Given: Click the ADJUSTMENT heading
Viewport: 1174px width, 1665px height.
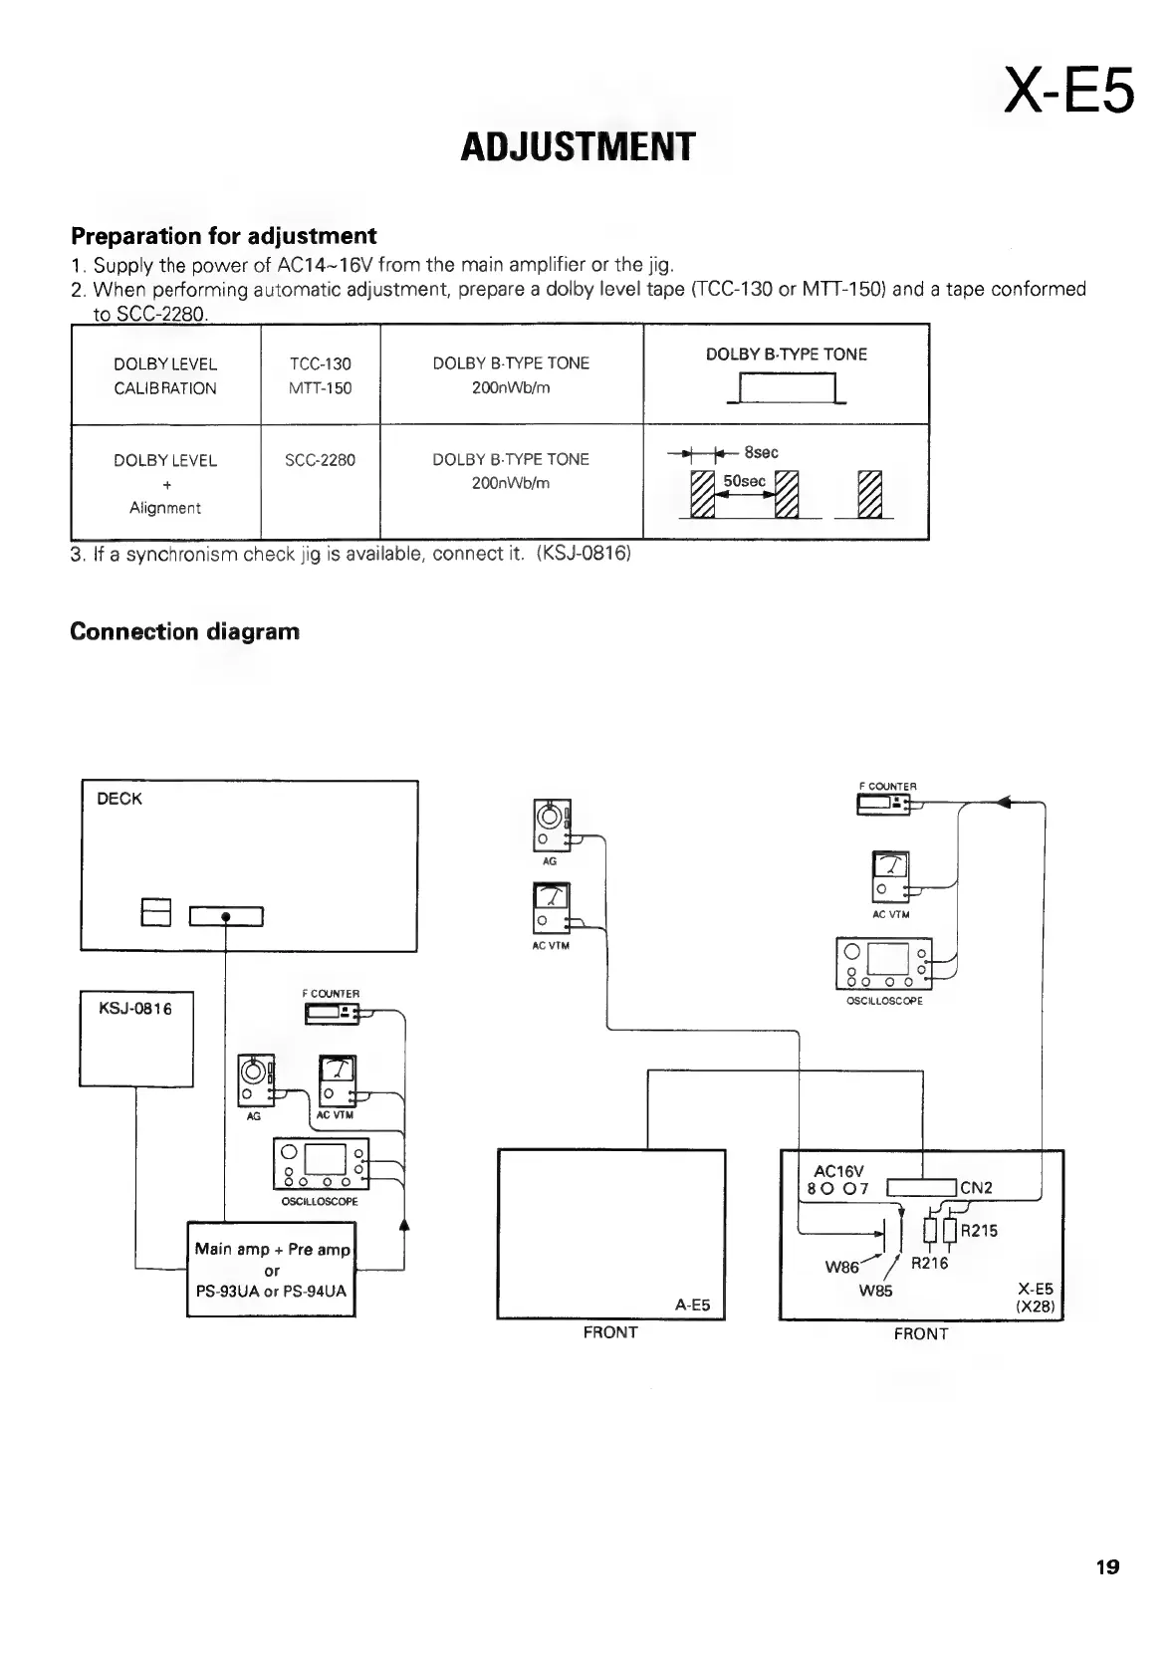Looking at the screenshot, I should point(577,146).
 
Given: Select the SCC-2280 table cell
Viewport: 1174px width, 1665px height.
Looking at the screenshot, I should point(320,460).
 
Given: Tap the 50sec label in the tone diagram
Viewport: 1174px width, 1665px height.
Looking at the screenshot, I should point(744,481).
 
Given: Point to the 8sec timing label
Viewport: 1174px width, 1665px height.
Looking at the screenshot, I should point(762,452).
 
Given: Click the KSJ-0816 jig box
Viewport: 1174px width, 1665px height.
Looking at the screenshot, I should point(136,1039).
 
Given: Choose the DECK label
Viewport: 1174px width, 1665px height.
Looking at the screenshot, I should point(119,799).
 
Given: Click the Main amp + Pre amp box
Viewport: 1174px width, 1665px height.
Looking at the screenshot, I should point(272,1270).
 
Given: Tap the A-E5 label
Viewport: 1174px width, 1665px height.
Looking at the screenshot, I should point(692,1305).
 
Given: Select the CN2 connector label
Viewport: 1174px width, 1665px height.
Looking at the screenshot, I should point(976,1187).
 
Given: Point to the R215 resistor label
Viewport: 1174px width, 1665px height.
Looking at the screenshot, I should point(979,1230).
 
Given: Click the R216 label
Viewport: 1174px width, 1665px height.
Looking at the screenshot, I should point(930,1264).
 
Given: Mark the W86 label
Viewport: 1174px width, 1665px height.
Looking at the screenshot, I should point(842,1269).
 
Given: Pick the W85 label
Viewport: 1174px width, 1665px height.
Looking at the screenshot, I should point(875,1291).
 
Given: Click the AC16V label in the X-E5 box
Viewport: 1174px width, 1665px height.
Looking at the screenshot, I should point(839,1171).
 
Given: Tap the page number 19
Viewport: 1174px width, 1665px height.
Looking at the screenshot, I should point(1107,1567).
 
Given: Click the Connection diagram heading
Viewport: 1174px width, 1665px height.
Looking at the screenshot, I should point(185,632).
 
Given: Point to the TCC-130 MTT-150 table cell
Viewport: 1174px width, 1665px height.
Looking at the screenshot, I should point(320,375).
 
